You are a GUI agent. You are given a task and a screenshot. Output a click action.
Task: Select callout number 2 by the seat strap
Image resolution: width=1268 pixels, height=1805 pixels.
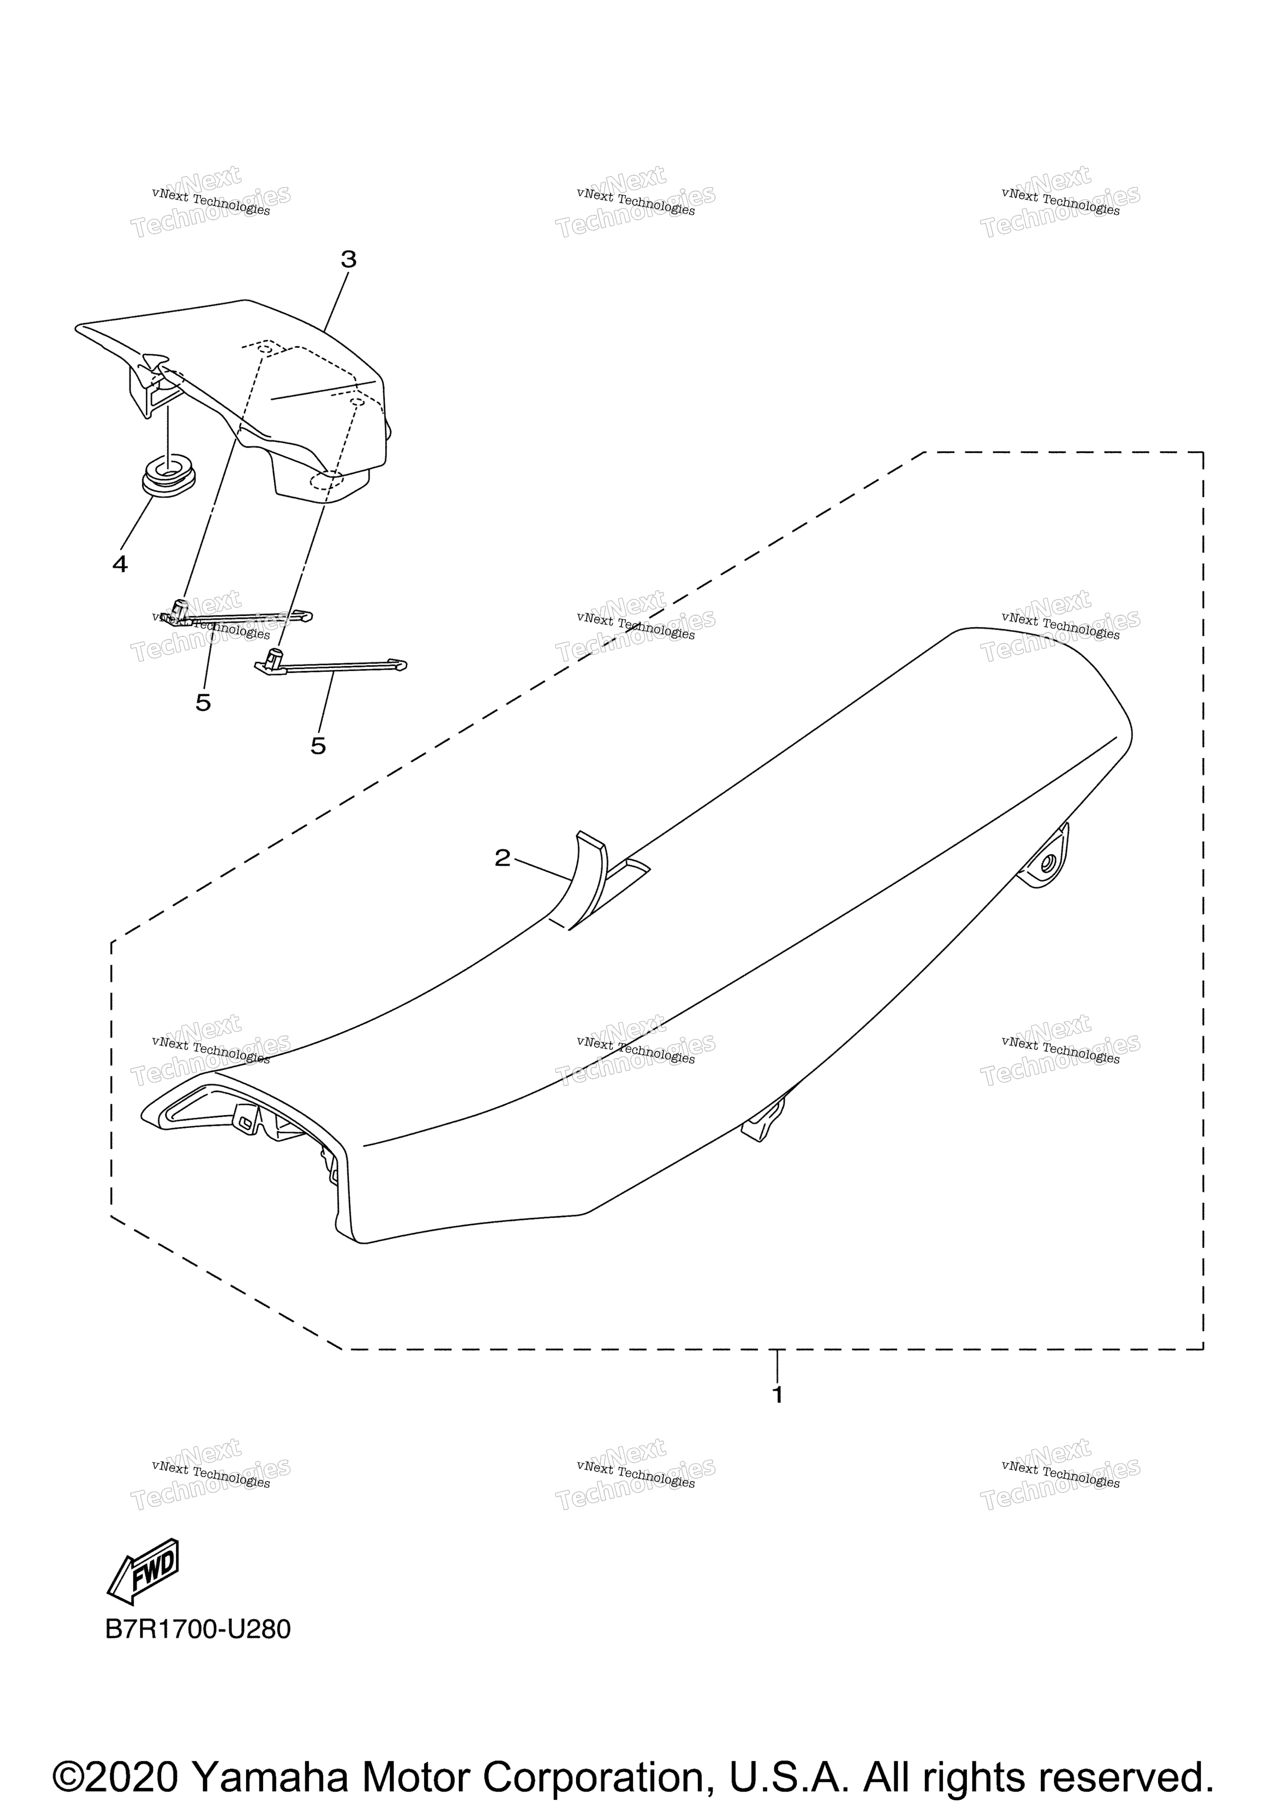point(502,858)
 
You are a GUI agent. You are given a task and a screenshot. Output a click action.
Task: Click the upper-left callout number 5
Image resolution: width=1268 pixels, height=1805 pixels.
point(203,702)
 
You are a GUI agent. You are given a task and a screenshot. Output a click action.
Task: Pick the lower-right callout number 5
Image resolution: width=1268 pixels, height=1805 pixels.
point(317,745)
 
